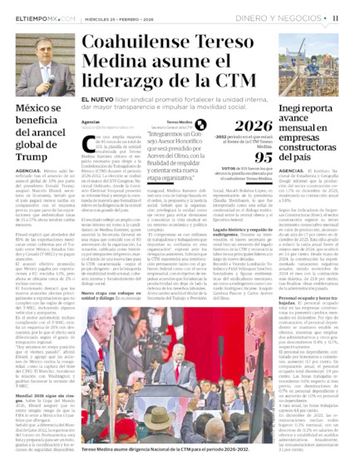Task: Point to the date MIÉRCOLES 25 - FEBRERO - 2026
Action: tap(121, 17)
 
